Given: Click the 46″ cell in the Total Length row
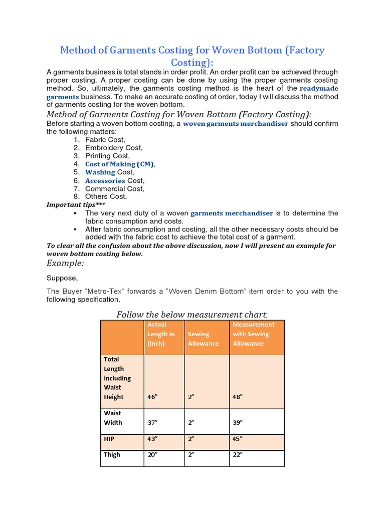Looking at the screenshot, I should (x=152, y=397).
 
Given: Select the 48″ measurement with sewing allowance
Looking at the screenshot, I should (x=238, y=397).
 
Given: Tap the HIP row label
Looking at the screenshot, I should (x=109, y=439).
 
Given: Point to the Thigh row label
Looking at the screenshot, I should (x=112, y=455).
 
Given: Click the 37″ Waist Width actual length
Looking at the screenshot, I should (x=152, y=422).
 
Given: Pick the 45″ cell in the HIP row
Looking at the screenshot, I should (x=238, y=439).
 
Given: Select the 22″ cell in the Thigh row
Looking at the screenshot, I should (x=238, y=455).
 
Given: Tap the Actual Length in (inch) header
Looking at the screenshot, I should (x=161, y=334).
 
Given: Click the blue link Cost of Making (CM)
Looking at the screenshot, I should (x=120, y=164).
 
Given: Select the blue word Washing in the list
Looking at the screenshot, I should (x=100, y=172).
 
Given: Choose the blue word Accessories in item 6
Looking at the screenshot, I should (x=105, y=181).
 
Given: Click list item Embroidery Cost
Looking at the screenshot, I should (x=114, y=148).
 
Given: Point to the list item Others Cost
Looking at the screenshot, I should (x=106, y=196).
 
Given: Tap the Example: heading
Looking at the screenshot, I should (x=65, y=264).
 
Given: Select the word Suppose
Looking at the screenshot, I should (x=62, y=278).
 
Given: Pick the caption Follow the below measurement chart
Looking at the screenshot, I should (x=192, y=315).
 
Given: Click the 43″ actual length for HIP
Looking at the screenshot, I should (x=152, y=439).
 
